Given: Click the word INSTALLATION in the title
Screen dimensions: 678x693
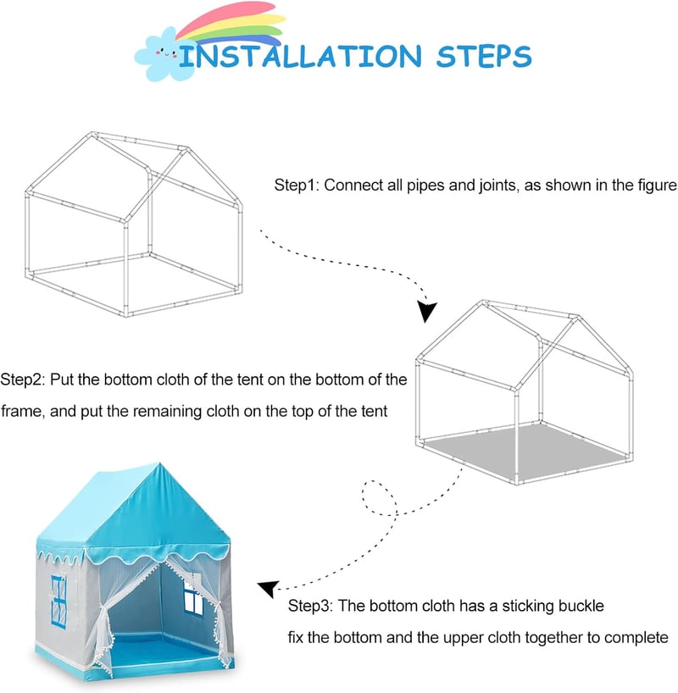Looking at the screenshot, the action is click(x=301, y=56).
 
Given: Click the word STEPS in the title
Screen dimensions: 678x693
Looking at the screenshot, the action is click(x=484, y=56).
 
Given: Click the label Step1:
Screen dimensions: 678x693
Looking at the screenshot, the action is click(x=297, y=185).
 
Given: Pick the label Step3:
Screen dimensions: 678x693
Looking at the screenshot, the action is click(x=310, y=606).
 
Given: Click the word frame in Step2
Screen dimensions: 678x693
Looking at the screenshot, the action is click(x=22, y=411).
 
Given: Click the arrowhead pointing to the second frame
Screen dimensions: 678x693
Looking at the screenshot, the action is click(x=426, y=311).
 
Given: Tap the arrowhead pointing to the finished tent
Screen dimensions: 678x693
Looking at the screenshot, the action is click(x=269, y=589).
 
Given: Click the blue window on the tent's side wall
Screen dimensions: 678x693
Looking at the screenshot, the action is click(x=58, y=602).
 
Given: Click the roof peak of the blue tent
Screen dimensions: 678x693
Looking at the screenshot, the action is click(x=158, y=464).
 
